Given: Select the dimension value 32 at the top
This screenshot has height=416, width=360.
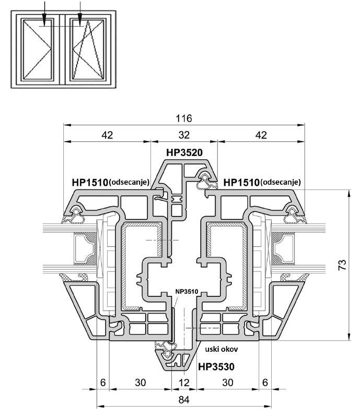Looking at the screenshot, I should pyautogui.click(x=184, y=135).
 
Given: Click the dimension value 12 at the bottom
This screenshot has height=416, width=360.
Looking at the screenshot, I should pyautogui.click(x=184, y=382).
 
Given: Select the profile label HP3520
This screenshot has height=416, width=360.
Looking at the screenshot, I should pyautogui.click(x=184, y=152).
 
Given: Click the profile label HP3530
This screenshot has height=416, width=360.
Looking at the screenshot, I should pyautogui.click(x=216, y=367).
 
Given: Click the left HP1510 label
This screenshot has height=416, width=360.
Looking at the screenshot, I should pyautogui.click(x=89, y=182).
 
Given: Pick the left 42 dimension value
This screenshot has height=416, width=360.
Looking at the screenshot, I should pyautogui.click(x=107, y=135).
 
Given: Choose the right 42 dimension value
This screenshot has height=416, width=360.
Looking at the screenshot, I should pyautogui.click(x=261, y=135).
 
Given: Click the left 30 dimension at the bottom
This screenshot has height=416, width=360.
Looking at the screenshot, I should pyautogui.click(x=140, y=382).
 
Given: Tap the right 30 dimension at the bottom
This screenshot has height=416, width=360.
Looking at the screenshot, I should pyautogui.click(x=228, y=382).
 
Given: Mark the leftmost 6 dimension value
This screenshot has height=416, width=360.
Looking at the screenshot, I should pyautogui.click(x=103, y=382).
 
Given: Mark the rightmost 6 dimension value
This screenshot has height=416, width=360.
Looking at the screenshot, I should pyautogui.click(x=265, y=382).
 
